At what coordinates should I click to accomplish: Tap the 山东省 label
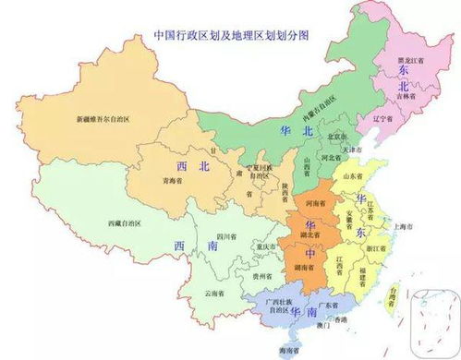coord(354,173)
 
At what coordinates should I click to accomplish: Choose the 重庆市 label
coord(268,246)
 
